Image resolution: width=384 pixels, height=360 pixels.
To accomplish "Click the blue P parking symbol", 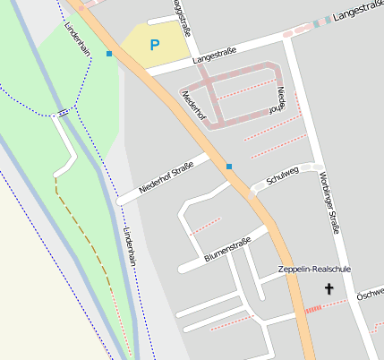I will click(x=154, y=44).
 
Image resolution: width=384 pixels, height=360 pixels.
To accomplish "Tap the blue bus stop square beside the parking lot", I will click(x=109, y=54).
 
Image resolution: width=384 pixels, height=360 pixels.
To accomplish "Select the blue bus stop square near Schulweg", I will click(x=229, y=167).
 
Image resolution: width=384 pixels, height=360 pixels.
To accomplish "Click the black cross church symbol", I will click(x=329, y=288).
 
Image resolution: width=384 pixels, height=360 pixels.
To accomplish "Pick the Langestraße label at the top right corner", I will click(x=357, y=12).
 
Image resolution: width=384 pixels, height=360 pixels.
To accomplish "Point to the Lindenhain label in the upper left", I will click(x=78, y=39).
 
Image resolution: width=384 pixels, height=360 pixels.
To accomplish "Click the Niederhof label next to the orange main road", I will click(x=194, y=105).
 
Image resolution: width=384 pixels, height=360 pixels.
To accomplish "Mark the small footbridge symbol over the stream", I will click(x=62, y=114).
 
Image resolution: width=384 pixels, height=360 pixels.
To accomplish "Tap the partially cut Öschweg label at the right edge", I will click(x=371, y=294).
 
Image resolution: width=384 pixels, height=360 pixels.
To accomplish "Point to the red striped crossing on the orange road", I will click(x=312, y=309).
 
